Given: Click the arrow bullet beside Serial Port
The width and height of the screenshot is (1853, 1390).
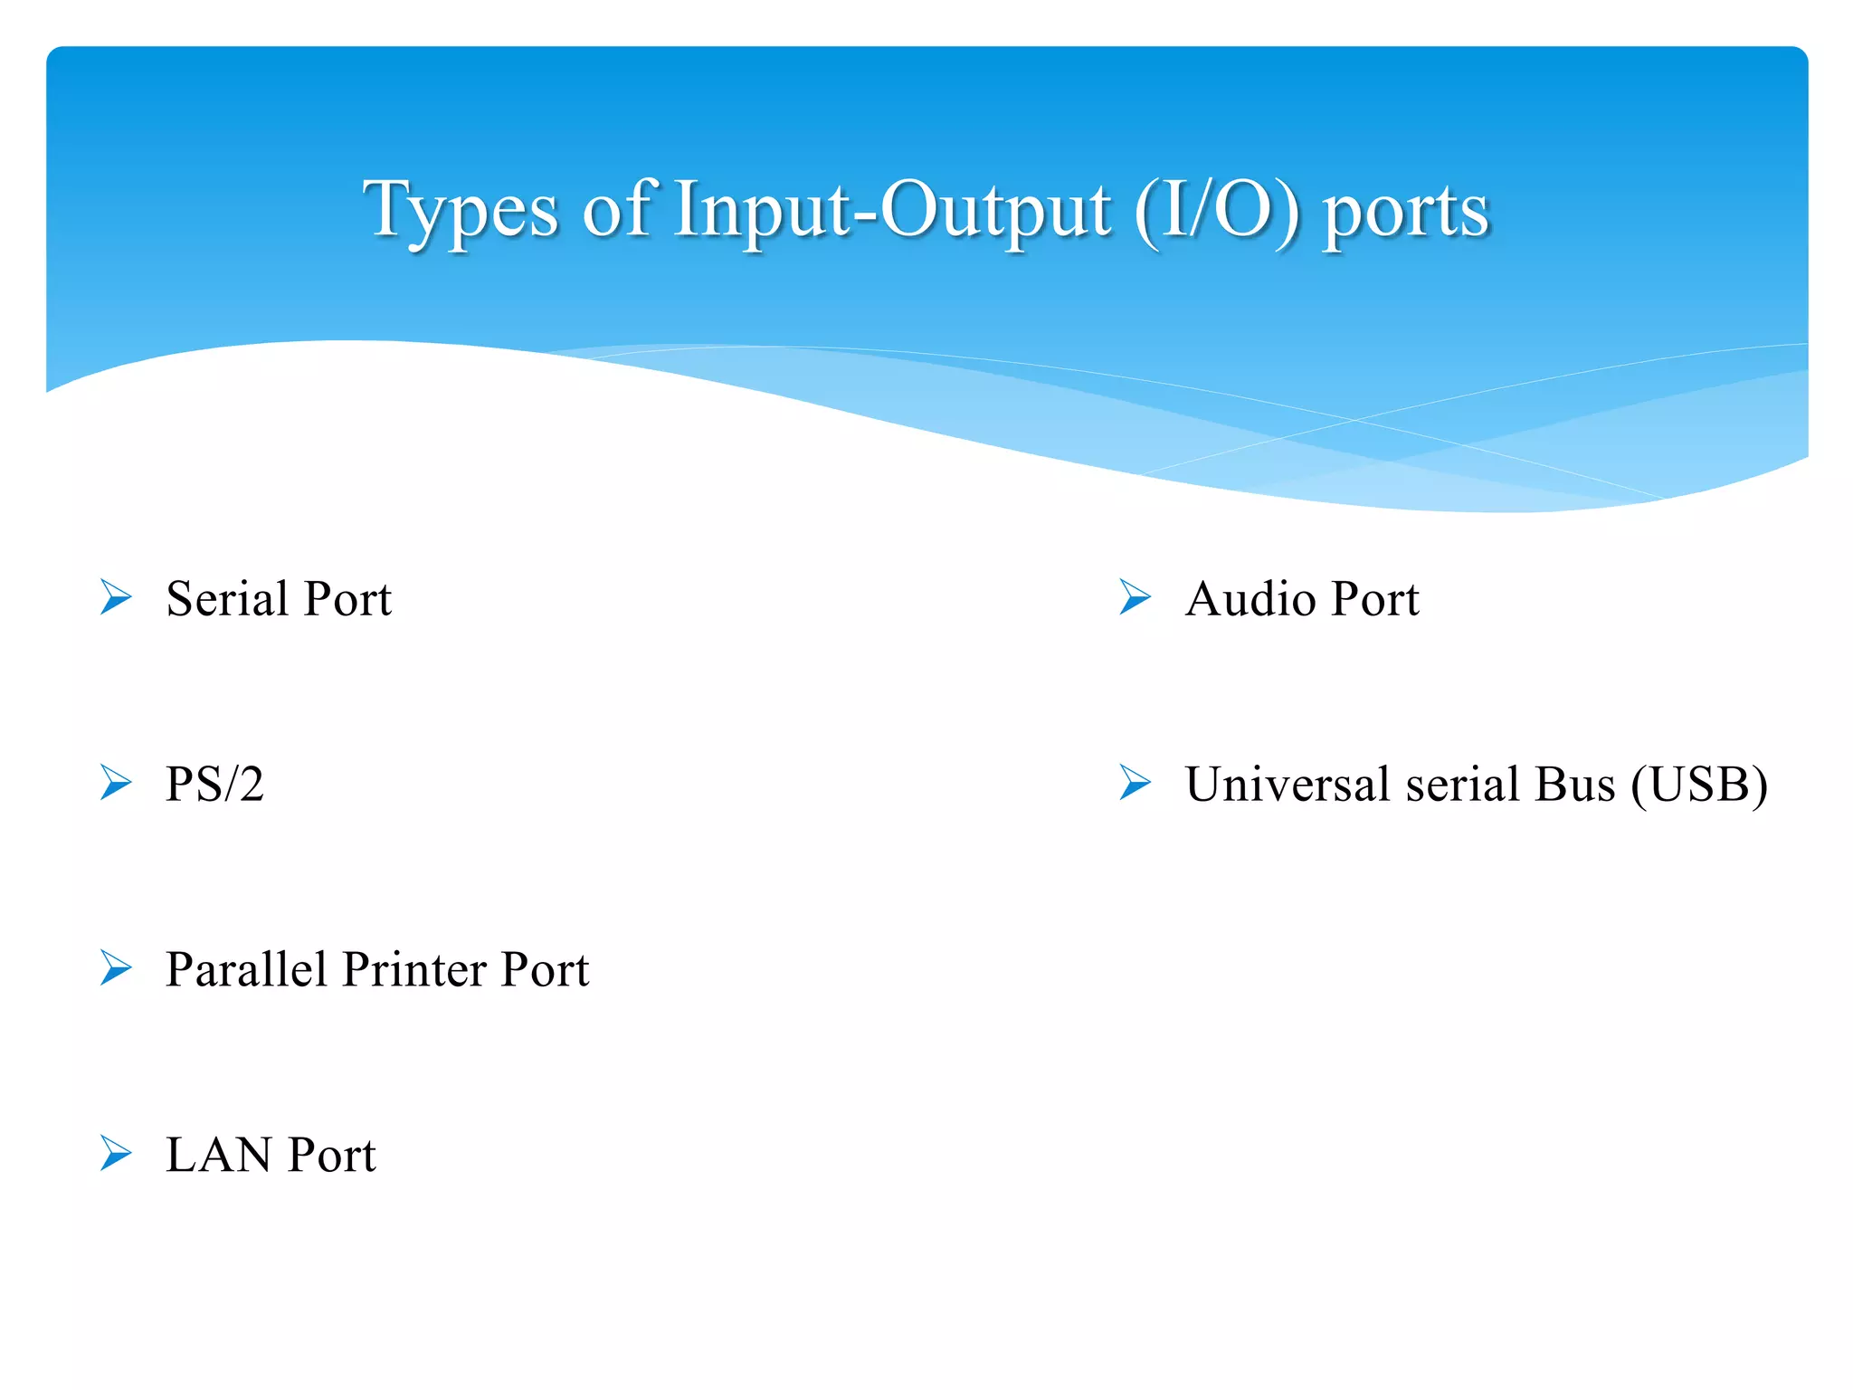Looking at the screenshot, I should (116, 597).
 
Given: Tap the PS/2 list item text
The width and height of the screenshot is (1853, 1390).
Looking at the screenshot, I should (214, 784).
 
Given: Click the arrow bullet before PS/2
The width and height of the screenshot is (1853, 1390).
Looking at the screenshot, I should (116, 783).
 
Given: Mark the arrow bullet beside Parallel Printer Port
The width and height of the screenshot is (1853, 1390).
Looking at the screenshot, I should (116, 967).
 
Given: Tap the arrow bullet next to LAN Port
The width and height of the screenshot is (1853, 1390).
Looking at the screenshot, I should (116, 1153).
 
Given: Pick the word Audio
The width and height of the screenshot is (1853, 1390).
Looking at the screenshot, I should (1250, 599).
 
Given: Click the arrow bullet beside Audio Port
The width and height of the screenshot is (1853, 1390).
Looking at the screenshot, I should (1135, 597).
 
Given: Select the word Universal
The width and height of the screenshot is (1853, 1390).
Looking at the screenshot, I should (1287, 784).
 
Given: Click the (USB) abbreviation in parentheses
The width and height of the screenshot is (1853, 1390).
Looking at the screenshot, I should (1699, 785).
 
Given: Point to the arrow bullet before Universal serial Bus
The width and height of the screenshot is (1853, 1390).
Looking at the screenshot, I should (1135, 783).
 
